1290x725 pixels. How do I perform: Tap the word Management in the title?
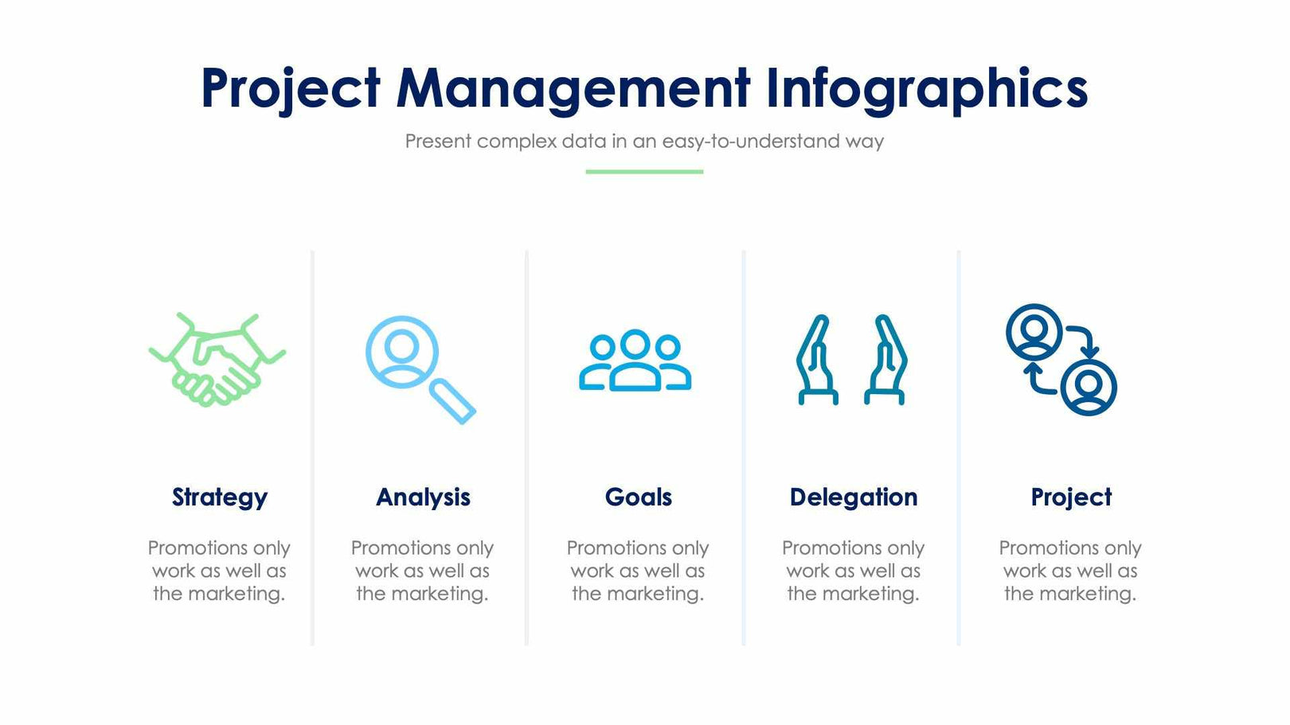[x=573, y=88]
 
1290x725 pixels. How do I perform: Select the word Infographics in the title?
[x=926, y=88]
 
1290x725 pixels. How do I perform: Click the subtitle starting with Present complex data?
[x=644, y=142]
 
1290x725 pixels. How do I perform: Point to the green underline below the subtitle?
[x=644, y=171]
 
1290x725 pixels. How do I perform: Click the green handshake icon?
[x=217, y=360]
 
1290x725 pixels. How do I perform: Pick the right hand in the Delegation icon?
[x=886, y=360]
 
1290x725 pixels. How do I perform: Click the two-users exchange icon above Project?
[x=1061, y=360]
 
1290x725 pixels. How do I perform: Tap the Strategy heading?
[x=220, y=497]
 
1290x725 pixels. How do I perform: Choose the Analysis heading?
[x=423, y=497]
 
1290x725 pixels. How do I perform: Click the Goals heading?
[x=638, y=497]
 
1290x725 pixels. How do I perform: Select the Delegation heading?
[x=853, y=497]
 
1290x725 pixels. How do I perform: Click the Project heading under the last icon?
[x=1071, y=497]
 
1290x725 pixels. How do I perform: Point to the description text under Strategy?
[x=219, y=571]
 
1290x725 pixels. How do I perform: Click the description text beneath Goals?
[x=638, y=571]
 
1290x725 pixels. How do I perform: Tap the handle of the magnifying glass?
[x=453, y=401]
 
